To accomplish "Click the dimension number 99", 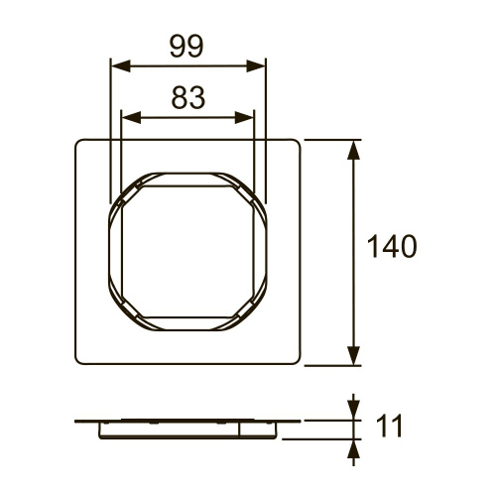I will (x=187, y=47).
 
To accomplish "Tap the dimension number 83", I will (x=187, y=97).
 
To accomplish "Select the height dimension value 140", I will (x=391, y=246).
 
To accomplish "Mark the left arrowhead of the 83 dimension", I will (x=126, y=116).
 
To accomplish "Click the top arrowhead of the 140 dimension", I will (x=353, y=147).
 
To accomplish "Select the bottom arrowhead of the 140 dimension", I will (x=353, y=358).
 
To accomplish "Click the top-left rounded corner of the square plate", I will (x=79, y=143).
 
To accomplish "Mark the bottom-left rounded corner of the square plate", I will (x=79, y=361).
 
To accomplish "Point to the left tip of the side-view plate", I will (x=76, y=422).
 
